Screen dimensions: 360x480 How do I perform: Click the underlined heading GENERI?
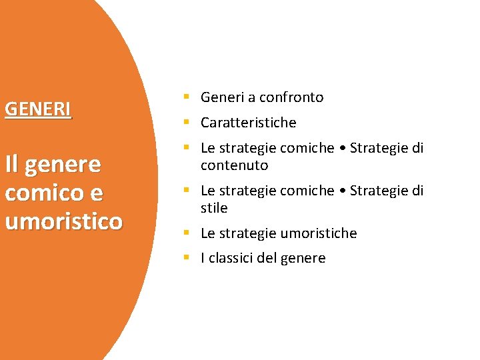(38, 109)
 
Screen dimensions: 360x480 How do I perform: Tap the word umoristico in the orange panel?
(63, 221)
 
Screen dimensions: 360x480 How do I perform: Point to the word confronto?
(291, 97)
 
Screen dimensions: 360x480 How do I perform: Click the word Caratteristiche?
(248, 123)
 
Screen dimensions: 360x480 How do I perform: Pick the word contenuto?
(234, 165)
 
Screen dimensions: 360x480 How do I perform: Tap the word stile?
(214, 208)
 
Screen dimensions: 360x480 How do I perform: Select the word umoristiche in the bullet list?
(319, 233)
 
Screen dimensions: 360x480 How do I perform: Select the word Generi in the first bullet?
(223, 97)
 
